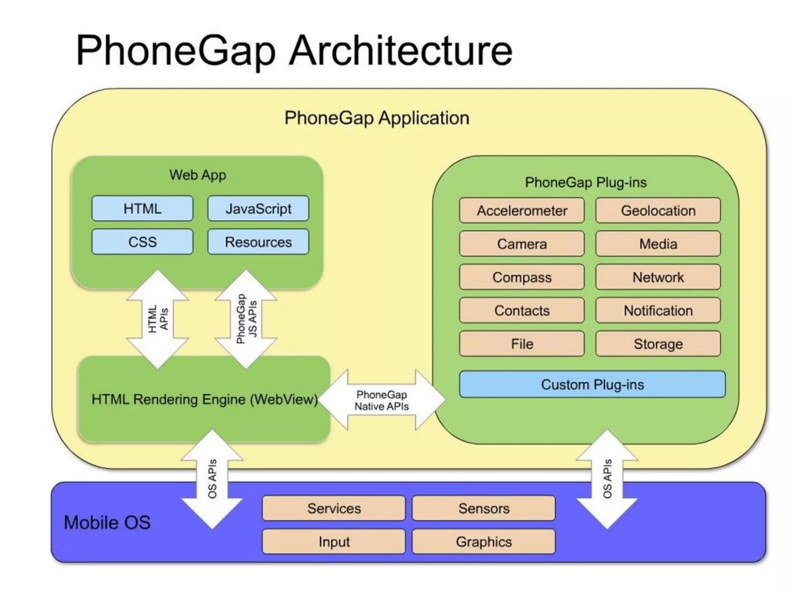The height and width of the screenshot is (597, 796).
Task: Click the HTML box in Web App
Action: point(142,209)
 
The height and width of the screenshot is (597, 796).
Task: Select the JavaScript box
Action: point(258,209)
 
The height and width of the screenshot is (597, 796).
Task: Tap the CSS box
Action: point(142,242)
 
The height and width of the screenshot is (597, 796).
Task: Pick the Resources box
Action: point(258,242)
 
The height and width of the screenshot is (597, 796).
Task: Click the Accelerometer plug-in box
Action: point(522,211)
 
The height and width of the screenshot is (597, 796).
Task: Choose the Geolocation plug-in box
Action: point(658,211)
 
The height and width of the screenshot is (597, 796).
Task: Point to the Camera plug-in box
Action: point(522,244)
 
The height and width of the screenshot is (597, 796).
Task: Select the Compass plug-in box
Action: point(522,277)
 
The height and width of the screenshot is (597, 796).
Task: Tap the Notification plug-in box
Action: point(658,311)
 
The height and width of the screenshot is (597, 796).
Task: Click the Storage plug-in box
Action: point(658,344)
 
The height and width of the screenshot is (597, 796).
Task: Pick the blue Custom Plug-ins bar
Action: point(592,384)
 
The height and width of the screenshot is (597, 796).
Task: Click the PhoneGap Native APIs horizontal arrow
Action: point(381,400)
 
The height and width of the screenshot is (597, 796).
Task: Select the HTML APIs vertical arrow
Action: point(158,319)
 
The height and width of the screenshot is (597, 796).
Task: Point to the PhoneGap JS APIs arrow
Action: point(246,319)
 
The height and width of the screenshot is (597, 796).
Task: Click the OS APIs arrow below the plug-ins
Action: point(607,479)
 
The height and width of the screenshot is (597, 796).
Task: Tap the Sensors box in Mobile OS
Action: point(484,508)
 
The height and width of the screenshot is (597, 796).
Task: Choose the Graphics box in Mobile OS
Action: point(484,541)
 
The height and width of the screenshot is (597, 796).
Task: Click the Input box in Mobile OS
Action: point(334,541)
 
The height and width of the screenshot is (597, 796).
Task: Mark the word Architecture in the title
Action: point(401,51)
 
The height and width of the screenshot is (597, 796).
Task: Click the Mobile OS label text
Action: point(107,522)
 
